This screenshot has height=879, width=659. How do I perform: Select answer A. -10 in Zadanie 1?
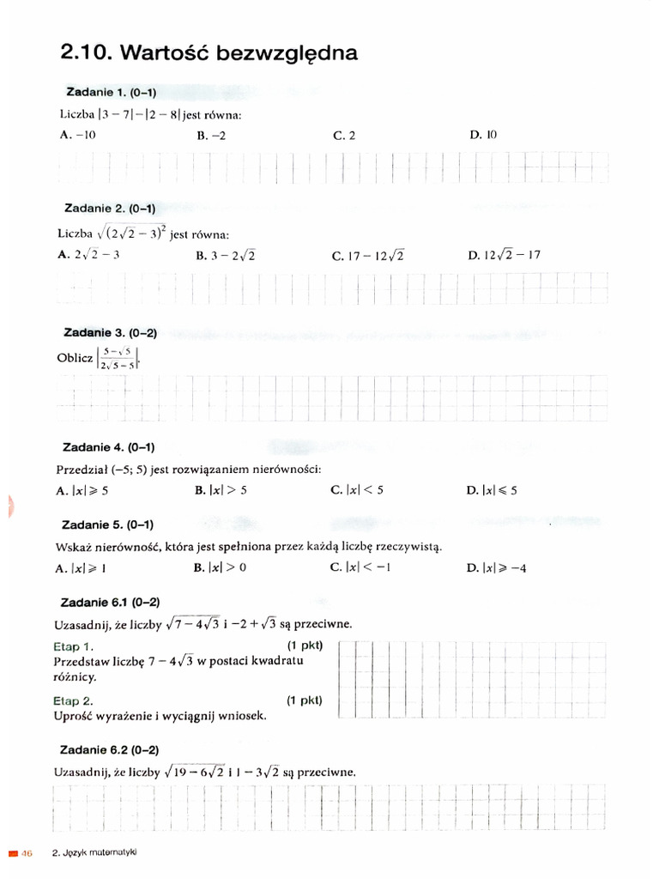[78, 135]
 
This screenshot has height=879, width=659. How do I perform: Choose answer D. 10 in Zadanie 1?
[483, 135]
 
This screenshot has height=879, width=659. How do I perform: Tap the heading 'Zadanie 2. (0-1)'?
[110, 209]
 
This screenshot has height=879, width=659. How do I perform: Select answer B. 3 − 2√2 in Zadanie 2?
[226, 255]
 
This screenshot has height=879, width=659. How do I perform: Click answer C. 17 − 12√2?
[367, 255]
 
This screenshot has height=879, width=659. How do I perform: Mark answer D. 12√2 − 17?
[505, 255]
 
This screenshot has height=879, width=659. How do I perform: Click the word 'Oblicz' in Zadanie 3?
[75, 358]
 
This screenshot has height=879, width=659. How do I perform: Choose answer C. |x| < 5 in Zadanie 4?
[357, 490]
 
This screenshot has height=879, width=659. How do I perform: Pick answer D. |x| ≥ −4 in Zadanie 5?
[497, 568]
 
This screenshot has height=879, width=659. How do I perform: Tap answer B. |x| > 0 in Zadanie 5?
[221, 568]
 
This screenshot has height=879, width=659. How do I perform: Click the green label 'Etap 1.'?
[74, 646]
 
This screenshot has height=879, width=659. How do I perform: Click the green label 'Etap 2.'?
[74, 700]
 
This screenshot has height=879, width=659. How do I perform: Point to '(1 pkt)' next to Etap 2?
[305, 700]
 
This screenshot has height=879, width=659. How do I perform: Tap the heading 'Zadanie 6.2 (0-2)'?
[111, 749]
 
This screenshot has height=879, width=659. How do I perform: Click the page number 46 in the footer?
[26, 852]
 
